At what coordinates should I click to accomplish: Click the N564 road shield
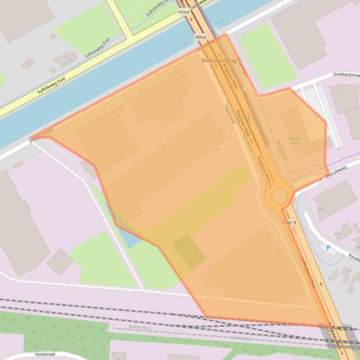184,12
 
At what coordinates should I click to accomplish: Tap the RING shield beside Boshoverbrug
201,37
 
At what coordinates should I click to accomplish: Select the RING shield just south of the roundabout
287,223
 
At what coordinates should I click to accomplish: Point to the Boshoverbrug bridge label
219,61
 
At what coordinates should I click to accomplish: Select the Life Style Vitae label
294,140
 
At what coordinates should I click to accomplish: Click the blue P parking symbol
328,248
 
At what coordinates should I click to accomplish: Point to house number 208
320,209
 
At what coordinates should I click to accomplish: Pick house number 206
337,234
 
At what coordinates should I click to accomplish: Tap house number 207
348,271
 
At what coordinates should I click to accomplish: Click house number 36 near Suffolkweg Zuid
71,60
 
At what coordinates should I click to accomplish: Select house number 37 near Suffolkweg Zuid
63,64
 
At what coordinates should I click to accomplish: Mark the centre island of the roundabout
279,196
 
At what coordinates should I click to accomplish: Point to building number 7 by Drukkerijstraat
337,88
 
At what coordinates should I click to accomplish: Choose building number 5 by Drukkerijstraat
353,88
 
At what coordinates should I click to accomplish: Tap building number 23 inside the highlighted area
180,108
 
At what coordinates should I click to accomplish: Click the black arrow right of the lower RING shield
295,223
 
